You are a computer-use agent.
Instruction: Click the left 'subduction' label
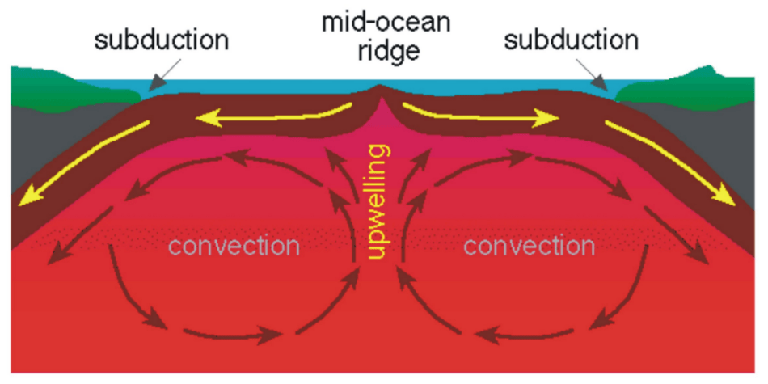pos(162,40)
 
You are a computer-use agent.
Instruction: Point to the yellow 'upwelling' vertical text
pos(377,202)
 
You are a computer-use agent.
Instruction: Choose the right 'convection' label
pos(530,245)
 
